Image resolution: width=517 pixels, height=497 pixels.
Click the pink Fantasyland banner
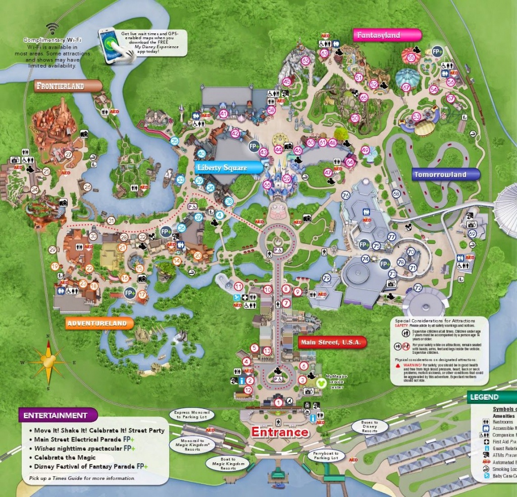coord(387,35)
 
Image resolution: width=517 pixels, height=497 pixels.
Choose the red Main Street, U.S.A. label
coord(332,342)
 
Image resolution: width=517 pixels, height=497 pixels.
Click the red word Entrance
coord(279,432)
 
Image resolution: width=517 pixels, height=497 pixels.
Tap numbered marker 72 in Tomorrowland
coord(418,287)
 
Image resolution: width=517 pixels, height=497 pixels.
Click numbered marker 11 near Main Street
coord(238,286)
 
